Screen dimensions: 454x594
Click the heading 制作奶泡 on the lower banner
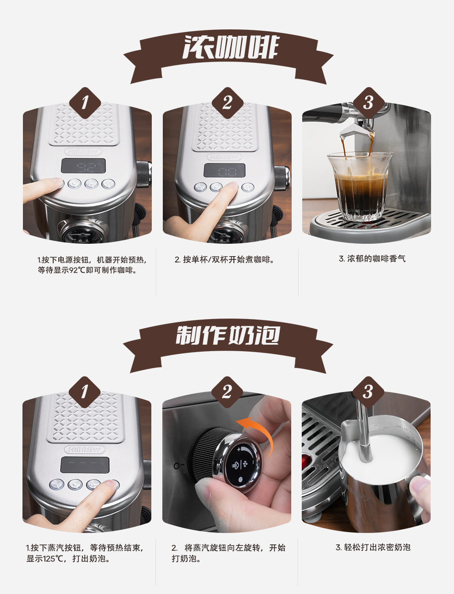pos(228,335)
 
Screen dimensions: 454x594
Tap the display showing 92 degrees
pos(83,166)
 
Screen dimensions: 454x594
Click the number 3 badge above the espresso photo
pos(369,103)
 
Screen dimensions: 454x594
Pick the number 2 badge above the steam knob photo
pos(227,392)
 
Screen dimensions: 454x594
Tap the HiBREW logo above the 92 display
pos(83,152)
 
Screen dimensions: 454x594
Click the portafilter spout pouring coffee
pos(356,132)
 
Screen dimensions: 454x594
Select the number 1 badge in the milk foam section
pos(84,392)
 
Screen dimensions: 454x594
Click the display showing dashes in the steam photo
pos(85,465)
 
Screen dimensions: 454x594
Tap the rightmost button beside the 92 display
pos(108,184)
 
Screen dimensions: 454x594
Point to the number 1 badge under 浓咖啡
pos(85,103)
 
